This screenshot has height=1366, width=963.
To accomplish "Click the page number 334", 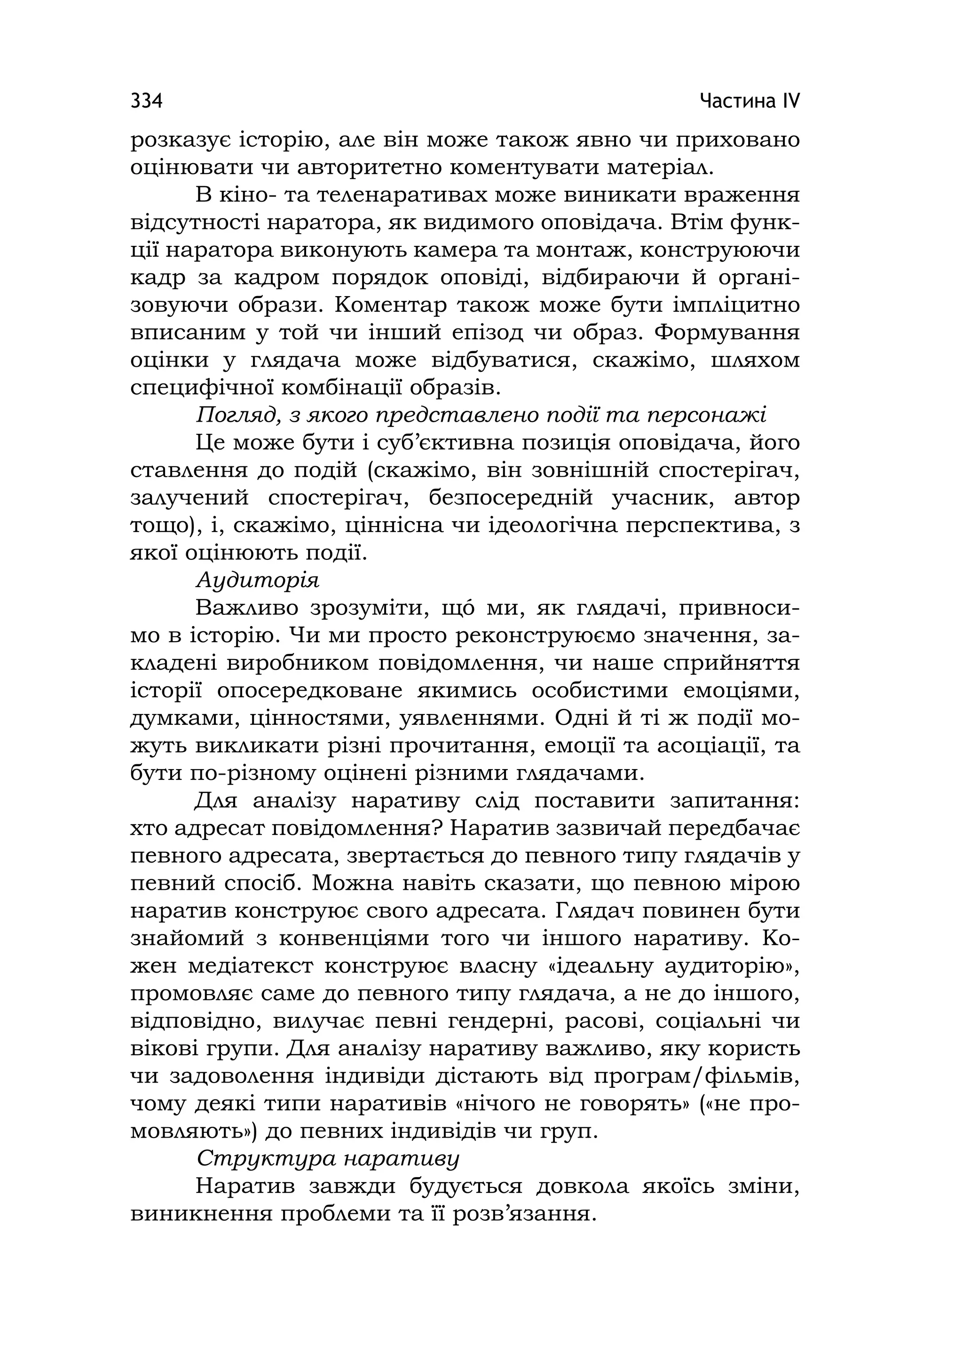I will point(146,101).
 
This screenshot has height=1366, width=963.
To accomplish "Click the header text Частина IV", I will point(750,101).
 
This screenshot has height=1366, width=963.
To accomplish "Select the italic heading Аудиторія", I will point(258,580).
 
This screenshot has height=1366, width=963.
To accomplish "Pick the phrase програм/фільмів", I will point(697,1077).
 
